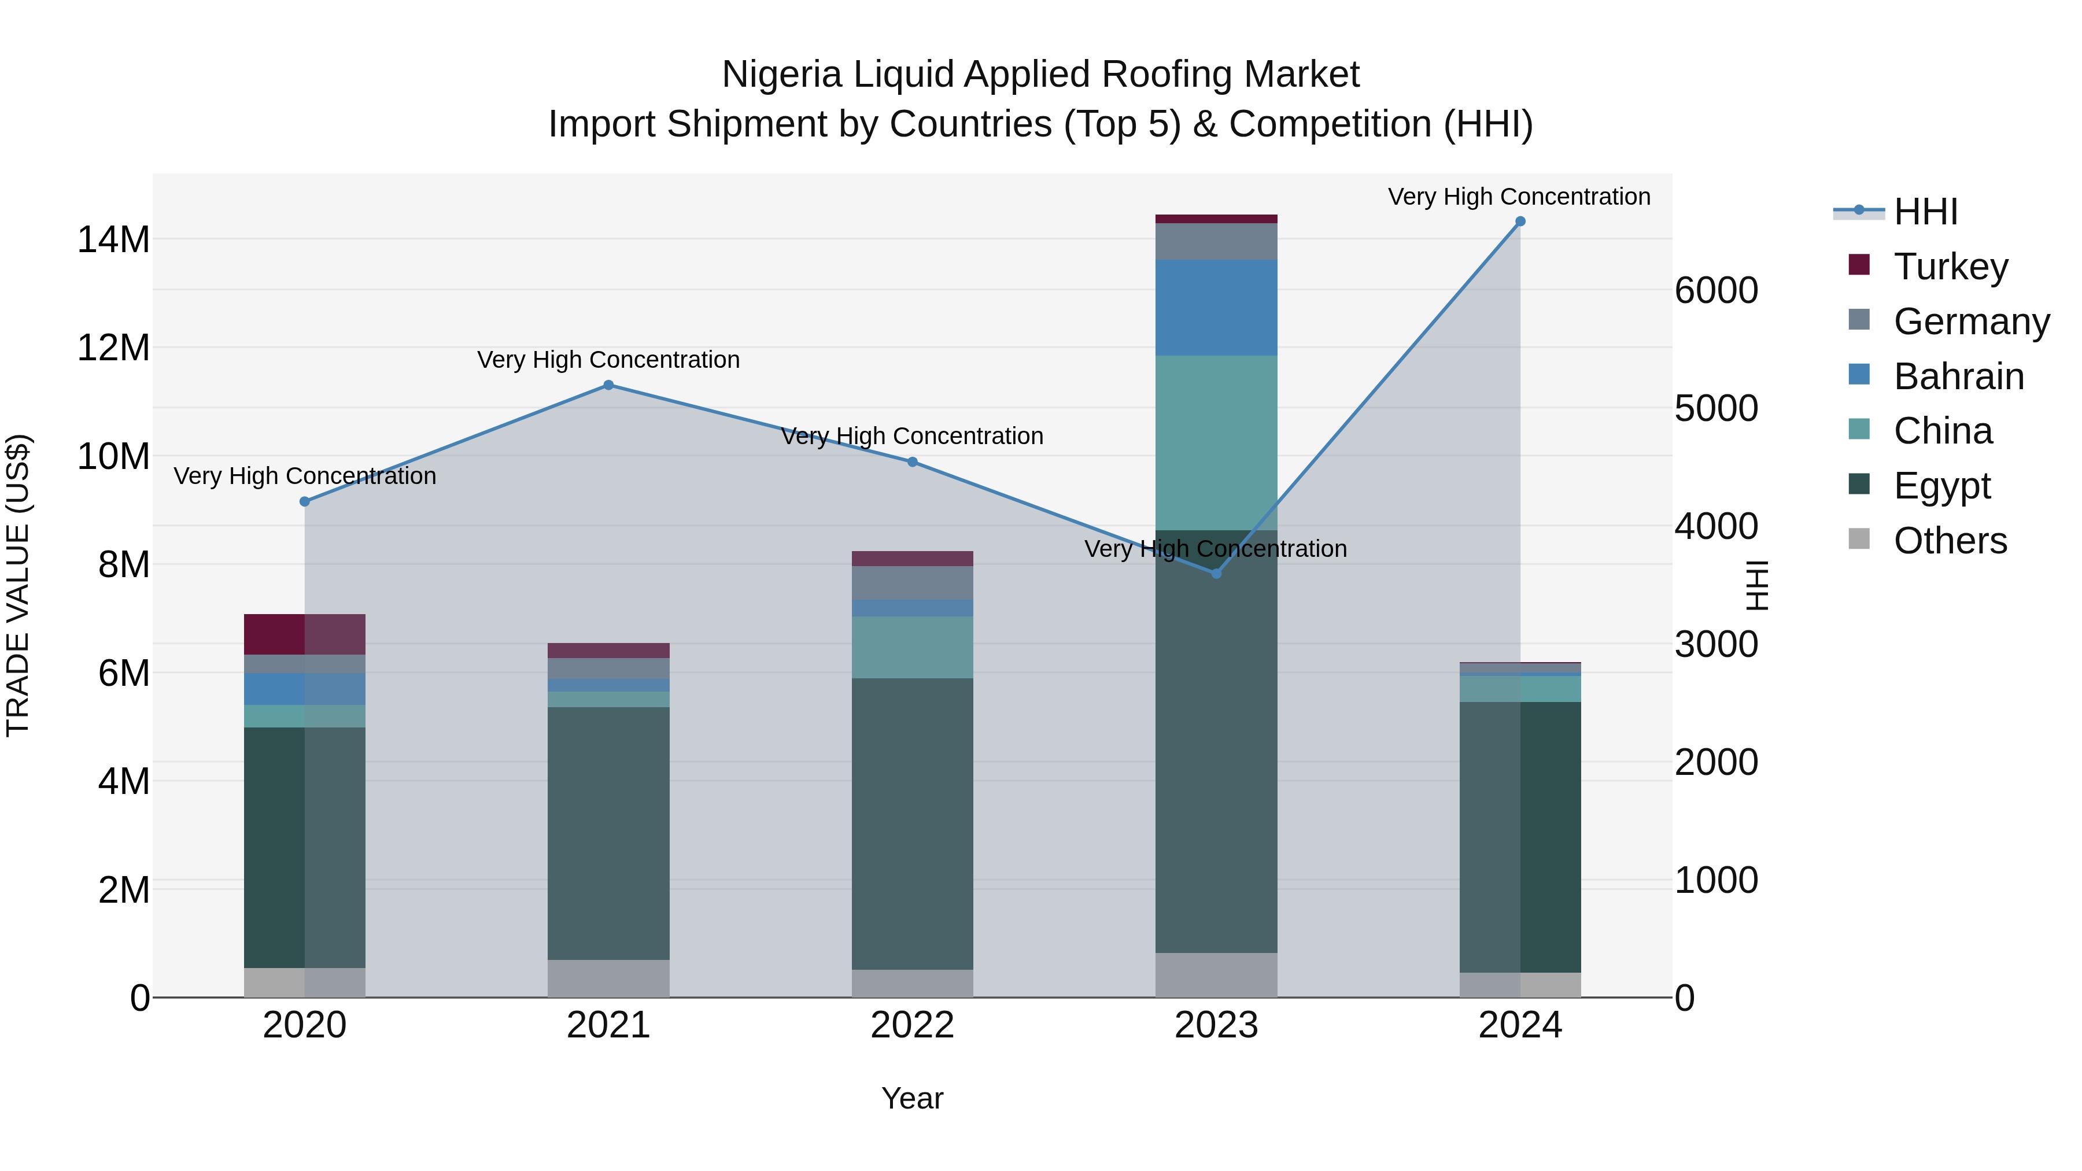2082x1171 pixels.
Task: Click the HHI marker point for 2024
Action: coord(1519,221)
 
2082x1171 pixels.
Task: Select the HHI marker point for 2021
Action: coord(608,386)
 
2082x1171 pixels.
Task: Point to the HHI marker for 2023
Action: coord(1216,573)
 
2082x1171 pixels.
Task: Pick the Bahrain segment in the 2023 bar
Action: coord(1216,307)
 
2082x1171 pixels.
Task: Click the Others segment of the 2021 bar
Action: coord(608,978)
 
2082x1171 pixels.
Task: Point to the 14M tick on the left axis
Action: coord(113,240)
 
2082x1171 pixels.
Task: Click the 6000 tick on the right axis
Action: coord(1716,290)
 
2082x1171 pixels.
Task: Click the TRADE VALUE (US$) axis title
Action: coord(18,585)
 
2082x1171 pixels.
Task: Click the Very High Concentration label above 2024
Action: coord(1519,197)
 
